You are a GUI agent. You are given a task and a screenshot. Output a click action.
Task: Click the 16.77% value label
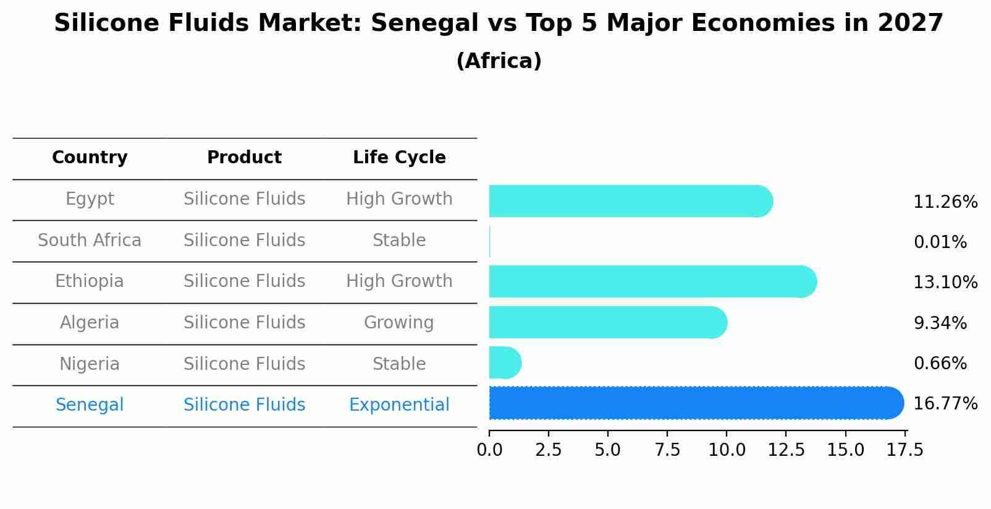pos(945,404)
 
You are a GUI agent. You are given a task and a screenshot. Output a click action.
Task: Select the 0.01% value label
pos(940,242)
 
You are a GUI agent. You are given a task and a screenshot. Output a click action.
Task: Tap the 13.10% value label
pos(945,283)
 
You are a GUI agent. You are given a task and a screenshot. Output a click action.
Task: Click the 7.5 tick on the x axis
pos(667,450)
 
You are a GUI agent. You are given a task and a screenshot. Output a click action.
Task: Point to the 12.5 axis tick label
pos(786,450)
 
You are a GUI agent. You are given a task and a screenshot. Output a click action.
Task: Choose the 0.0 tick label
pos(489,450)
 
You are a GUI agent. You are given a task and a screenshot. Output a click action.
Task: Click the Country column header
pos(90,158)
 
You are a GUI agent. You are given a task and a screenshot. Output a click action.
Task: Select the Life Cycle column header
pos(399,158)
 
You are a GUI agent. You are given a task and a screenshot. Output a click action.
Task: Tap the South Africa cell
pos(90,240)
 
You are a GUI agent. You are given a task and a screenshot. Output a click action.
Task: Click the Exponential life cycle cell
pos(399,405)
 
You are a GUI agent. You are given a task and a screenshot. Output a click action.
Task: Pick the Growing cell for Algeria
pos(399,323)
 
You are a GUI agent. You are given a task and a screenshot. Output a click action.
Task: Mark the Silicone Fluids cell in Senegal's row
pos(244,405)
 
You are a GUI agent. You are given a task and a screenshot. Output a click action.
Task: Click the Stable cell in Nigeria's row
pos(399,364)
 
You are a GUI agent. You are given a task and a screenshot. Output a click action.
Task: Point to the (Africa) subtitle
pos(499,61)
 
